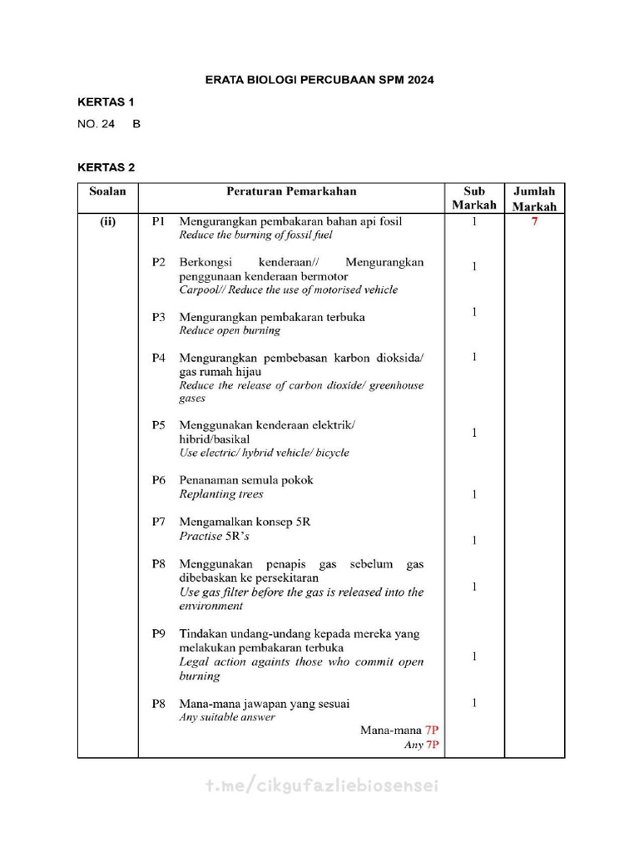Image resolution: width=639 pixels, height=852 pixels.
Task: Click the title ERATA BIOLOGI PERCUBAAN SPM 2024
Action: [319, 81]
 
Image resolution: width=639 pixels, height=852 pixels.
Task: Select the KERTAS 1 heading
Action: [106, 102]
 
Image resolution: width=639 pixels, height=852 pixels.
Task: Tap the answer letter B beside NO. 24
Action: [136, 124]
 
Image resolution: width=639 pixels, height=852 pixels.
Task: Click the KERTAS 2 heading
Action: [106, 167]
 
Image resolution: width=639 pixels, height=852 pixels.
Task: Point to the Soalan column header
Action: [107, 191]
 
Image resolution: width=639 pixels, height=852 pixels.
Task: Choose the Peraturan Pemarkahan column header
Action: [291, 191]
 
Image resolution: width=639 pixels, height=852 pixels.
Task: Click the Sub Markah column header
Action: [473, 198]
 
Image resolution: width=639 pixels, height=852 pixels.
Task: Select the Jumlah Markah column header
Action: [534, 199]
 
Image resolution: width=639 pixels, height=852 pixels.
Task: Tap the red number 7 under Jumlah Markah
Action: [534, 222]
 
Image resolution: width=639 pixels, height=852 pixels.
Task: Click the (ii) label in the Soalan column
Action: [107, 222]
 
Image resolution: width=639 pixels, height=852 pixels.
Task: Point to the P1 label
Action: [159, 222]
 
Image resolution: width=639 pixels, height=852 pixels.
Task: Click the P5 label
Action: [159, 425]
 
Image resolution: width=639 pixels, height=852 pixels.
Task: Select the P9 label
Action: [159, 634]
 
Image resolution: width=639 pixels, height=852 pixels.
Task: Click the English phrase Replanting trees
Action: [221, 494]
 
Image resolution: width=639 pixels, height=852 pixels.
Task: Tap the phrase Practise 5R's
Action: [215, 537]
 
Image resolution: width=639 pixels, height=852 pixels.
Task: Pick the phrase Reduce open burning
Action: [230, 330]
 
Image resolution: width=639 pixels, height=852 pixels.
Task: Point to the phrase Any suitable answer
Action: [227, 717]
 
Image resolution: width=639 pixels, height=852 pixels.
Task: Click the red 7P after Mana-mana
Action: [432, 730]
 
